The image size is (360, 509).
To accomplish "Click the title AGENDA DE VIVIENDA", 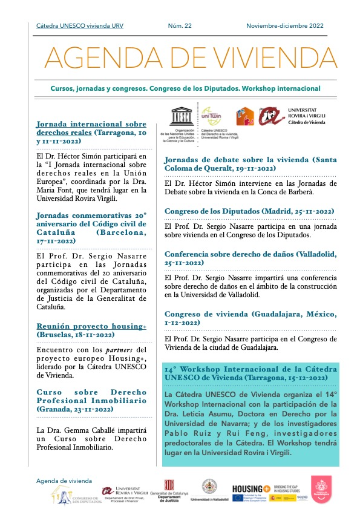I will point(191,57).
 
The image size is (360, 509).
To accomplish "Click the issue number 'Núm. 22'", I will point(180,25).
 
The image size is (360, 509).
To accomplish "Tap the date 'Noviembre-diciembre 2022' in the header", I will point(284,25).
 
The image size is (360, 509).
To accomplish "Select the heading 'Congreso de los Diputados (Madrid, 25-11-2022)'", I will point(249,211).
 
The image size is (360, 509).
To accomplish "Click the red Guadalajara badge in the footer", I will point(321,489).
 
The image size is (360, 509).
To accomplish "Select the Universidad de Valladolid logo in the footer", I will point(209,490).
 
